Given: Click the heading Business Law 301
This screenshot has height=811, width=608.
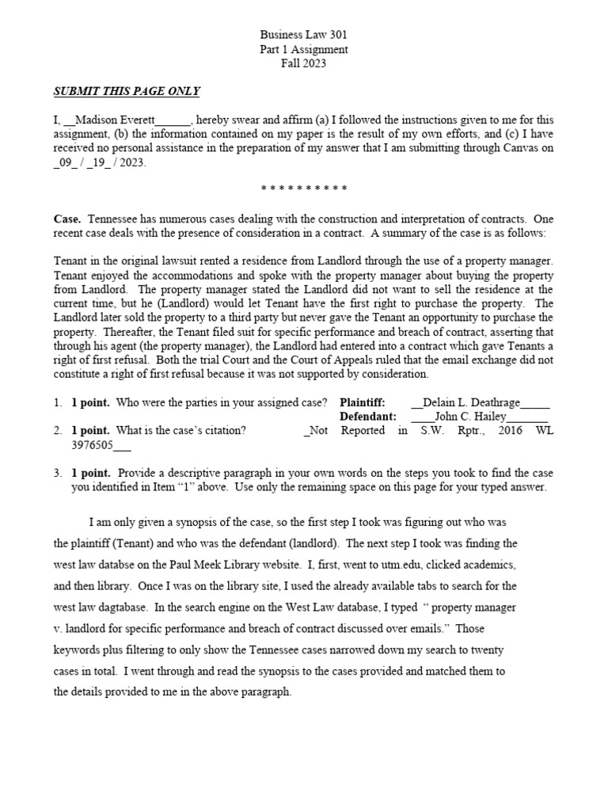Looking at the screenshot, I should pyautogui.click(x=304, y=35).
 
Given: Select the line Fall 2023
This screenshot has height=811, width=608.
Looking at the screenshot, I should pyautogui.click(x=304, y=63).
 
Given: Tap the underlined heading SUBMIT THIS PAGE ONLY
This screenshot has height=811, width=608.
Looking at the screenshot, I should pyautogui.click(x=127, y=91).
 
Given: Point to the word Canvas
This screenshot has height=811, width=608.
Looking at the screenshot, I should pyautogui.click(x=519, y=148).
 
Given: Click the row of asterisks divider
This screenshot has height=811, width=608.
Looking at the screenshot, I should pyautogui.click(x=304, y=188).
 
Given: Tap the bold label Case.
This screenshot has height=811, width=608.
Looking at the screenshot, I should pyautogui.click(x=67, y=218).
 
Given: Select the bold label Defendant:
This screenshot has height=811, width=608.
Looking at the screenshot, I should pyautogui.click(x=367, y=417).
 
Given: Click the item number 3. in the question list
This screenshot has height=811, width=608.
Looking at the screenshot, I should pyautogui.click(x=58, y=473).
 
